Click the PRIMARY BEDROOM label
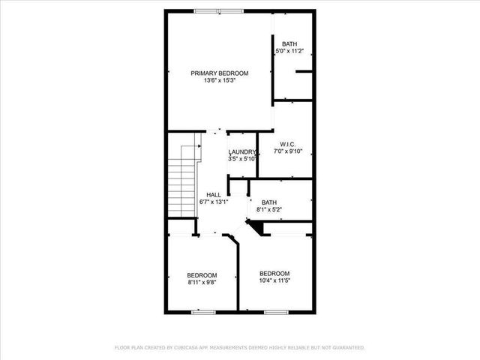(x=219, y=73)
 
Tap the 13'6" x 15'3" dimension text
(x=219, y=80)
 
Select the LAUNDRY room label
(x=243, y=151)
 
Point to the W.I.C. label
(x=289, y=144)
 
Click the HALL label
(x=214, y=194)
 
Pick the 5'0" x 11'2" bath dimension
(x=289, y=50)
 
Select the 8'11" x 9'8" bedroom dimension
(x=202, y=283)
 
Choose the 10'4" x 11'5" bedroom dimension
(x=274, y=280)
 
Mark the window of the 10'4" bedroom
(x=275, y=311)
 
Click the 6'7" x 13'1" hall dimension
(x=214, y=202)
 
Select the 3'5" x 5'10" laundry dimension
(x=243, y=158)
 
